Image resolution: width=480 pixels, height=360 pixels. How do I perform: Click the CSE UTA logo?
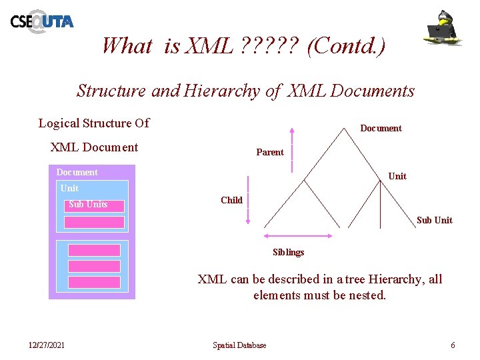tap(41, 21)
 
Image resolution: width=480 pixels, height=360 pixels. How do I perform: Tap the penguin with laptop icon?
tap(445, 28)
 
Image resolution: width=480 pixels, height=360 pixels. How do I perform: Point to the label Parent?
tap(270, 152)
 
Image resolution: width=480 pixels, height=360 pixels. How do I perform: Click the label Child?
tap(231, 200)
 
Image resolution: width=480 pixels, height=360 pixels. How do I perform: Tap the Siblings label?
tap(288, 252)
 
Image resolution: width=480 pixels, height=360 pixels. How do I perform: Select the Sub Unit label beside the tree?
tap(434, 220)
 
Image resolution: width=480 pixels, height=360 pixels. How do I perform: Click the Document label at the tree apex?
tap(381, 128)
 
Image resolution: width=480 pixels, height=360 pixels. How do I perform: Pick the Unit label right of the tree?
tap(397, 176)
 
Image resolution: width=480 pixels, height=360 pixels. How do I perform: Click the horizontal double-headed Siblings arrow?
tap(298, 235)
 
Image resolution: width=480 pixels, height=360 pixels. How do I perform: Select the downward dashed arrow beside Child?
tap(248, 200)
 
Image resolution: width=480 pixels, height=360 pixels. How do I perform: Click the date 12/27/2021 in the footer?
tap(47, 345)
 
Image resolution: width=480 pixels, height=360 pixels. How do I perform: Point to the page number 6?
tap(453, 345)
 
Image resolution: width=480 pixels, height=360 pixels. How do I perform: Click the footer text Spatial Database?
tap(239, 345)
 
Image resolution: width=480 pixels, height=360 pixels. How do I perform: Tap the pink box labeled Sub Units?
tap(94, 205)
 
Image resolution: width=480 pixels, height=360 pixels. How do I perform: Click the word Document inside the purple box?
tap(77, 172)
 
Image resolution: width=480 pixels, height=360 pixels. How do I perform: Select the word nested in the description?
tap(365, 295)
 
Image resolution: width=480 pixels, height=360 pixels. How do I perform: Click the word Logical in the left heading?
tap(58, 123)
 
